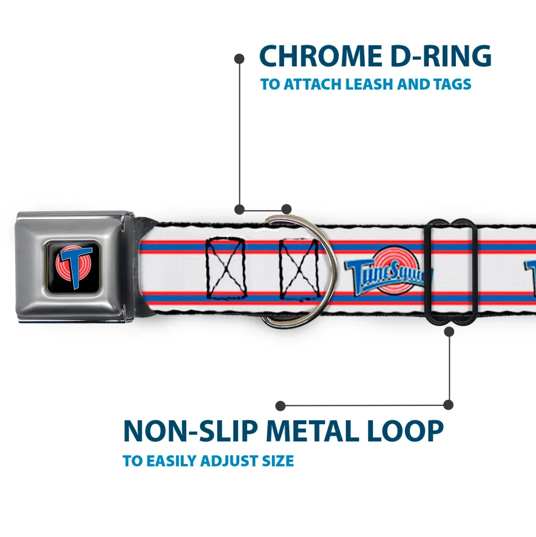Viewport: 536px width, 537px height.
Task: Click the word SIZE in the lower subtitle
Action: [276, 461]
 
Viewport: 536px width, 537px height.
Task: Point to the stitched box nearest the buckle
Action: [225, 267]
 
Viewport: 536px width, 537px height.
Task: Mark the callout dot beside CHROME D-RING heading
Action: [239, 58]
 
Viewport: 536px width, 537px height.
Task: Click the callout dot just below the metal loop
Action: [449, 331]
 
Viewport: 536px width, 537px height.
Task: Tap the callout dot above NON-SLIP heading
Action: [281, 405]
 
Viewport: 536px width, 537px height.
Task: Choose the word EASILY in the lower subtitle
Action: [169, 461]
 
